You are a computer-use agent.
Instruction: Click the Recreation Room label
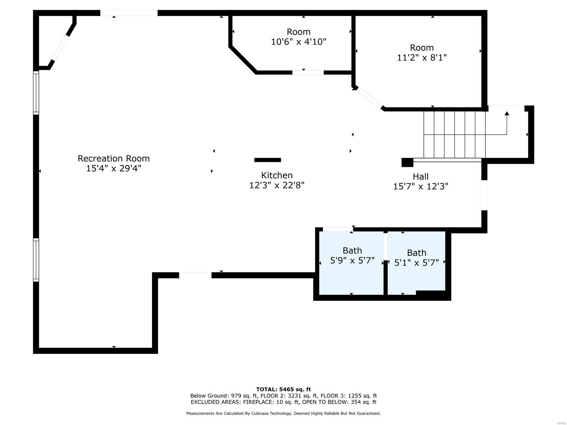[x=113, y=158]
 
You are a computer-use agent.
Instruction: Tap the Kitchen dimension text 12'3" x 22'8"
[x=277, y=185]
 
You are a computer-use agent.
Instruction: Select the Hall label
[x=421, y=176]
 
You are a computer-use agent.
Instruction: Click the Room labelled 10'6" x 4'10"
[x=298, y=37]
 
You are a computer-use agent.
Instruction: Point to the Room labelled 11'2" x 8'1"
[x=422, y=52]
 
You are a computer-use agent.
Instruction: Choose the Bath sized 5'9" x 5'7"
[x=352, y=256]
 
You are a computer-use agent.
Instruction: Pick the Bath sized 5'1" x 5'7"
[x=416, y=258]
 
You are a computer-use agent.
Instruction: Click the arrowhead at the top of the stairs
[x=507, y=114]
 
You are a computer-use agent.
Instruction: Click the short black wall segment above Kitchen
[x=268, y=160]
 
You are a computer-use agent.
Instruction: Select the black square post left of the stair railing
[x=407, y=162]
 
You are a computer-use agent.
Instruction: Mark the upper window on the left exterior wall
[x=36, y=93]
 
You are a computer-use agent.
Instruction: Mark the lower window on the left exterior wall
[x=36, y=260]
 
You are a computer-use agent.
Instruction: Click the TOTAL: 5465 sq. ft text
[x=283, y=389]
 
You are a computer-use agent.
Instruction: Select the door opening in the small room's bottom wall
[x=308, y=73]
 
